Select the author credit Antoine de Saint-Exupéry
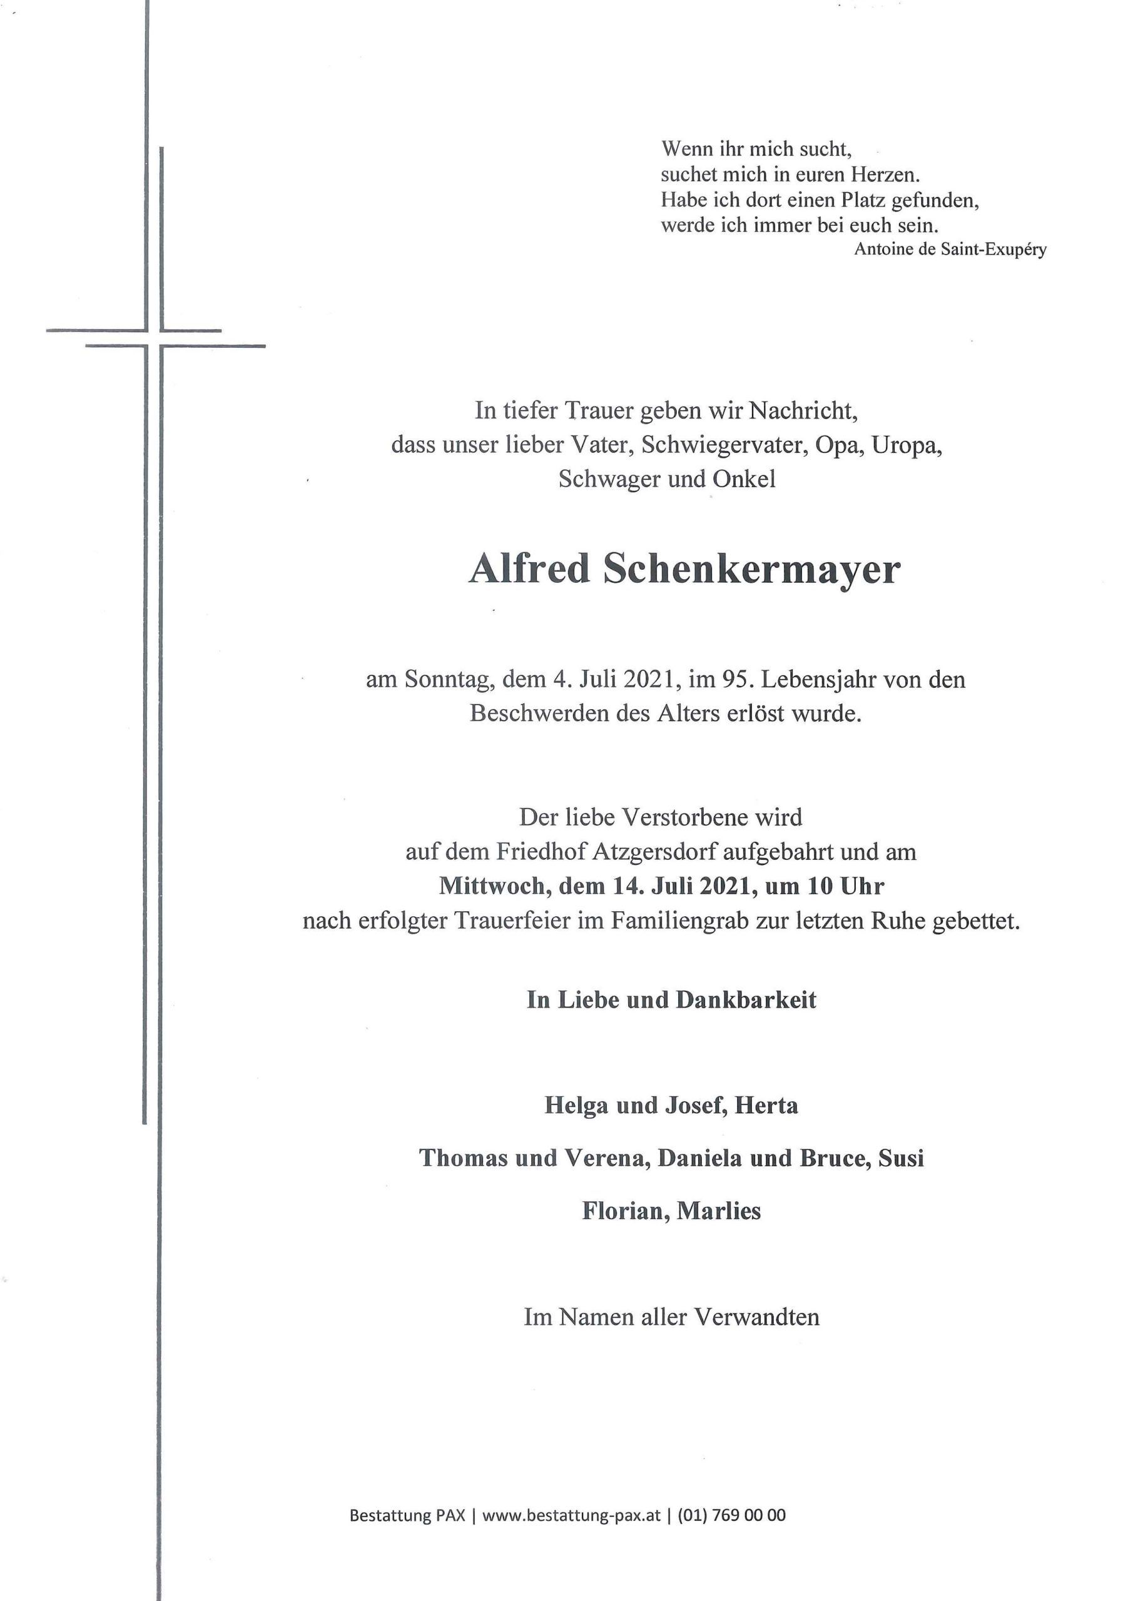950,249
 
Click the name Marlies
719,1211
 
